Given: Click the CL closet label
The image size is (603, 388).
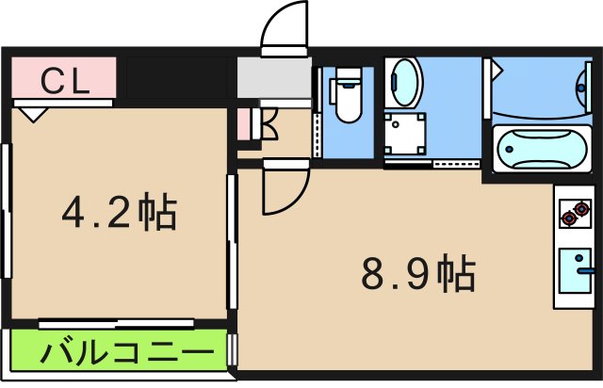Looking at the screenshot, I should click(63, 80).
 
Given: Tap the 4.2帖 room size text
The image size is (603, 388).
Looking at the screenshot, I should click(120, 214).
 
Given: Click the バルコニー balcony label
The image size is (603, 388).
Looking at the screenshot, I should click(123, 356).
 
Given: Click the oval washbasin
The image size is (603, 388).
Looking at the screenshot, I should click(405, 82).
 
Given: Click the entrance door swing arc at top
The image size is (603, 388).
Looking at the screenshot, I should click(284, 26).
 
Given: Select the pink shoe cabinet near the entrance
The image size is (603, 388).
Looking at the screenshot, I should click(245, 124).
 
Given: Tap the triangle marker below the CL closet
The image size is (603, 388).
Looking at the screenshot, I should click(33, 113).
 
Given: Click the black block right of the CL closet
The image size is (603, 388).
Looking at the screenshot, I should click(176, 80).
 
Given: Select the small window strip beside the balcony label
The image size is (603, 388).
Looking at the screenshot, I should click(233, 351).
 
